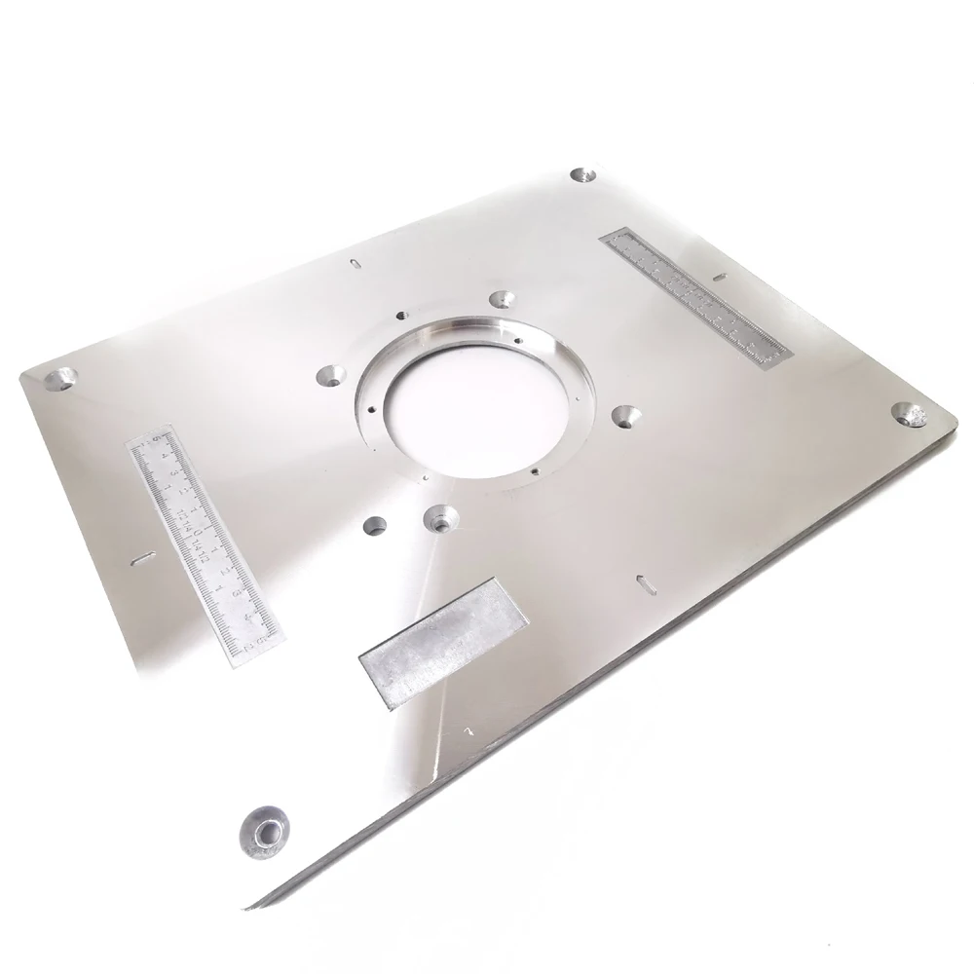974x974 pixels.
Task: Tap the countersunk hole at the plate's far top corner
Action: [581, 175]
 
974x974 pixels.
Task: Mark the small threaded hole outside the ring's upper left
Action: [400, 314]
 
